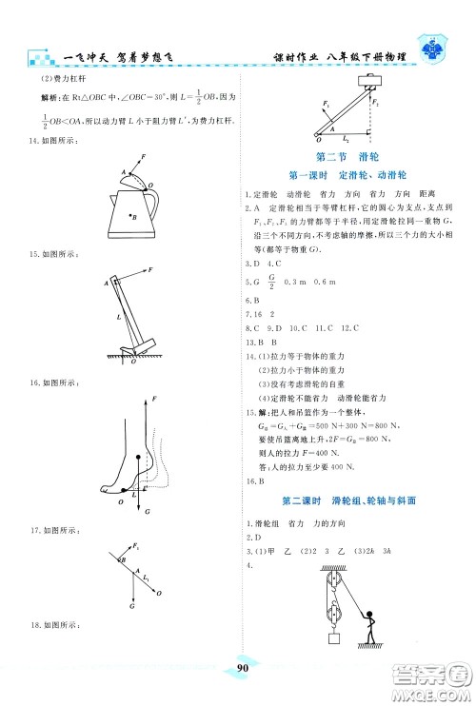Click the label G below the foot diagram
(x=148, y=511)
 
